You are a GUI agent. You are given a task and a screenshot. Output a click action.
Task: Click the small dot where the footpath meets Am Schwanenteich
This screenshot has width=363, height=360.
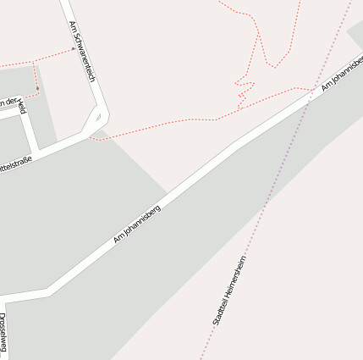coord(73,49)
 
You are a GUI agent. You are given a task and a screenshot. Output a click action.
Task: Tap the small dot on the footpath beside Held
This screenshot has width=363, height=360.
coord(37,88)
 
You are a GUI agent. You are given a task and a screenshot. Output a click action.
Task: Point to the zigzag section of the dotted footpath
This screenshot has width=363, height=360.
coord(245,90)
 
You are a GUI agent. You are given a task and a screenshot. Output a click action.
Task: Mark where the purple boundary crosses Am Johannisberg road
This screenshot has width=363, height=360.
coord(308,97)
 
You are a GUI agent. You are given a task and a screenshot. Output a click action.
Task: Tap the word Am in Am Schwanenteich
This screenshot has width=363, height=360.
coord(73,29)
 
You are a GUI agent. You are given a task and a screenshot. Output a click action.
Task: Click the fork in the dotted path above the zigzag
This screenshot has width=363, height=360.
coord(257,35)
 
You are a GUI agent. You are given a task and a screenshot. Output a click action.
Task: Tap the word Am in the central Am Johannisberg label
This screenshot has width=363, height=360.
coord(118,240)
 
